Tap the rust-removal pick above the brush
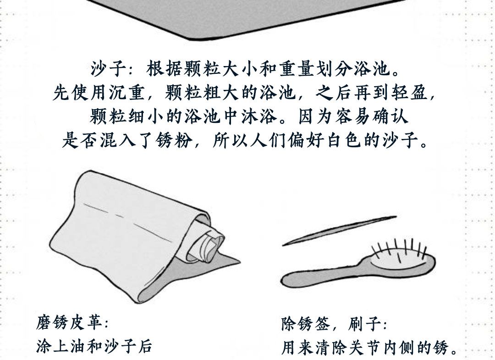tap(339, 231)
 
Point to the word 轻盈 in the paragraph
tap(410, 92)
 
